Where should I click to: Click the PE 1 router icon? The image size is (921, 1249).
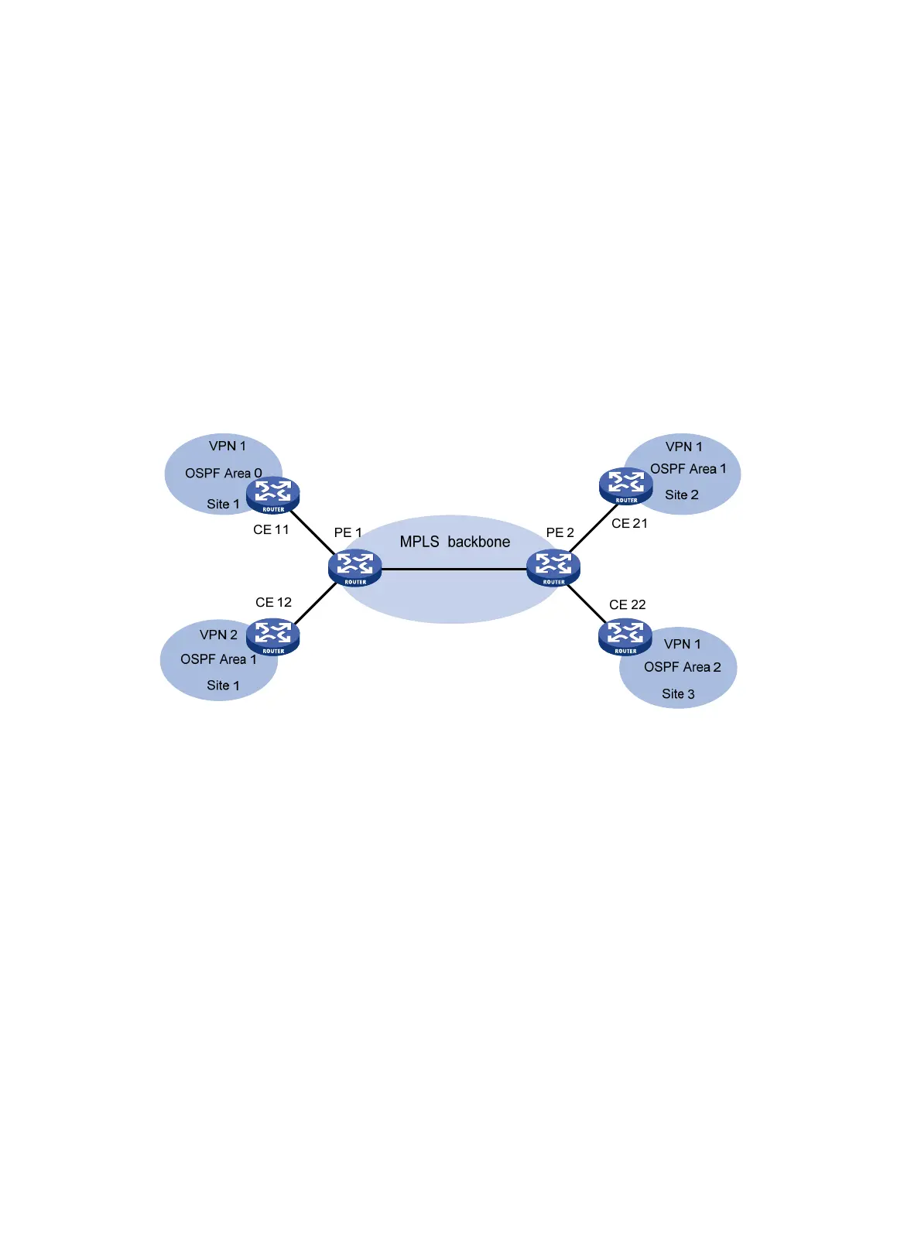pos(354,568)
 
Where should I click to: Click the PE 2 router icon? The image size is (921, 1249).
pos(553,568)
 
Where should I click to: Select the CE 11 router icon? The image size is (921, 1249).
pos(272,495)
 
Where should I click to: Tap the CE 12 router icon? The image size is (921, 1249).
pos(272,637)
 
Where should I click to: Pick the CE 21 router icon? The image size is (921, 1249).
pos(625,486)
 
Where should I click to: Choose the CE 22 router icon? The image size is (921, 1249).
pos(625,637)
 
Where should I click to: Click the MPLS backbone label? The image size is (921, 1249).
pos(454,542)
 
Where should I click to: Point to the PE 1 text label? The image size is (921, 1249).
pos(348,532)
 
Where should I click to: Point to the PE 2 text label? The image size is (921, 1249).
pos(560,532)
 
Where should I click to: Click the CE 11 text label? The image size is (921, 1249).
pos(271,529)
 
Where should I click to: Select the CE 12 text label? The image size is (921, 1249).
pos(273,602)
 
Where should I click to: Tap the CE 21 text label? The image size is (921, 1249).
pos(629,523)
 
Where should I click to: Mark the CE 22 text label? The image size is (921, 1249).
pos(627,604)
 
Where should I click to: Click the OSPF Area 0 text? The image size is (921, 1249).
pos(223,473)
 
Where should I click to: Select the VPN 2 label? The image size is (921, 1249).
pos(218,635)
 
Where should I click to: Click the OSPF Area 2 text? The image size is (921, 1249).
pos(682,667)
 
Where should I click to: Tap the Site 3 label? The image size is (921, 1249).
pos(678,694)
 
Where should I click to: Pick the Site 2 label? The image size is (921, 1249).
pos(681,494)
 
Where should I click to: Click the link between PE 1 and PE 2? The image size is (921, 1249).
pos(454,569)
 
